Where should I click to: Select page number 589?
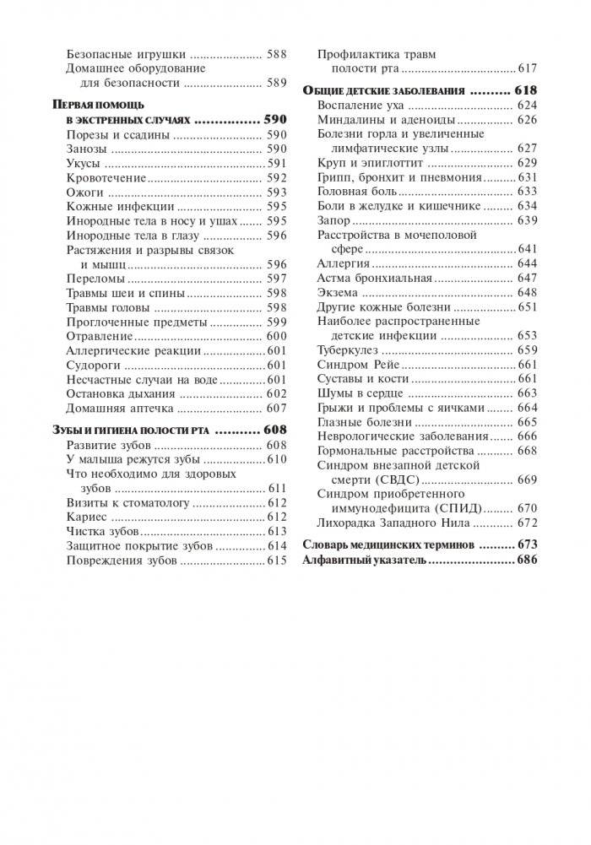(276, 83)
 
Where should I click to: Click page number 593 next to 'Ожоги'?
(276, 192)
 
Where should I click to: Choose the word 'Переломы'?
(95, 279)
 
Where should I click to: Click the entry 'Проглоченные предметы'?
(136, 322)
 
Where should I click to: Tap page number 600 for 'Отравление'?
(276, 336)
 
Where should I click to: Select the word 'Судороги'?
(93, 365)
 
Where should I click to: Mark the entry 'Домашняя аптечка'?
(120, 408)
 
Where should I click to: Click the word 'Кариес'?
(86, 516)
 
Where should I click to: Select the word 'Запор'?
(333, 220)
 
